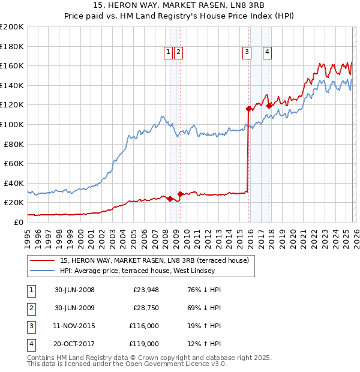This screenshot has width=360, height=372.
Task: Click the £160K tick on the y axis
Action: pos(12,65)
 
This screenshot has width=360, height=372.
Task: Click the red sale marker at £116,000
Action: pos(248,109)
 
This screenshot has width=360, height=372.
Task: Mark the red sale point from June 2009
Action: pos(181,194)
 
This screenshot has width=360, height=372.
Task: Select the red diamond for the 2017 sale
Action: pos(269,106)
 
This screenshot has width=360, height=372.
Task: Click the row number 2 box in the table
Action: pos(30,308)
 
